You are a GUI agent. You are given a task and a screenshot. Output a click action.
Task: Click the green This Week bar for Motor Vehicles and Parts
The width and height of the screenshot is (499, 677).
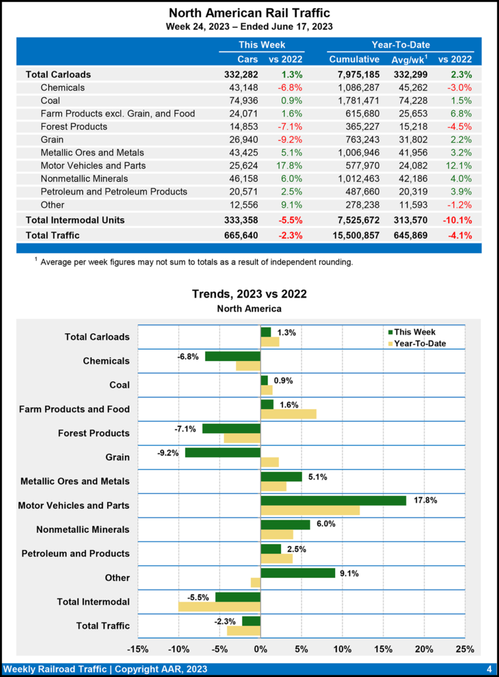click(x=333, y=500)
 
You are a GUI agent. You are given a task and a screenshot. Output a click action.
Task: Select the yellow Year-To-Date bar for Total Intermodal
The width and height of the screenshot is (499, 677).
click(x=219, y=606)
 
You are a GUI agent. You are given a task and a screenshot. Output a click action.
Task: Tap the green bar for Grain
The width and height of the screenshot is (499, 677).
click(x=223, y=452)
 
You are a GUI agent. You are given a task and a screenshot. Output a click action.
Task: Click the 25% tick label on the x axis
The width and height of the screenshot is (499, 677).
click(x=465, y=648)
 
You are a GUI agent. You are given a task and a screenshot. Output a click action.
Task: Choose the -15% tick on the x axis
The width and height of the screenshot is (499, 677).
click(x=137, y=648)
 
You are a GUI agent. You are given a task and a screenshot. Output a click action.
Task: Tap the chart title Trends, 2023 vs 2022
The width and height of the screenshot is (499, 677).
click(x=249, y=294)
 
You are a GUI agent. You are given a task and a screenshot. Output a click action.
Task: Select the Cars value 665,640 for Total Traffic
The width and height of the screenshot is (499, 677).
click(x=240, y=235)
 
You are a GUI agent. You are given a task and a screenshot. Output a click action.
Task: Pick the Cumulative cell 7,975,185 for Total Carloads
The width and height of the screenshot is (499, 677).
click(x=354, y=74)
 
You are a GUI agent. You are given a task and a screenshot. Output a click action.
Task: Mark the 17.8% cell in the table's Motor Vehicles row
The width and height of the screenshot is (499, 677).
click(x=290, y=165)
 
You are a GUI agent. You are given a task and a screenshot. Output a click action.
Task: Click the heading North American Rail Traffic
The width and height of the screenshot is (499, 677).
click(x=249, y=13)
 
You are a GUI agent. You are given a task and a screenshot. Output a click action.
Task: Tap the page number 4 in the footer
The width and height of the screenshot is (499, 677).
click(x=488, y=668)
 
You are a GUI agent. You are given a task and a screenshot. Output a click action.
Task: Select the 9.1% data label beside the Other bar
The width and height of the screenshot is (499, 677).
click(x=349, y=573)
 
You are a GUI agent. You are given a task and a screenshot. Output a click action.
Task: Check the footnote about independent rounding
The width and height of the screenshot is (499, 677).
click(x=196, y=262)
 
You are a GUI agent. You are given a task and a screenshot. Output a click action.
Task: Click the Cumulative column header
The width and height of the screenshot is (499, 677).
click(x=354, y=60)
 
